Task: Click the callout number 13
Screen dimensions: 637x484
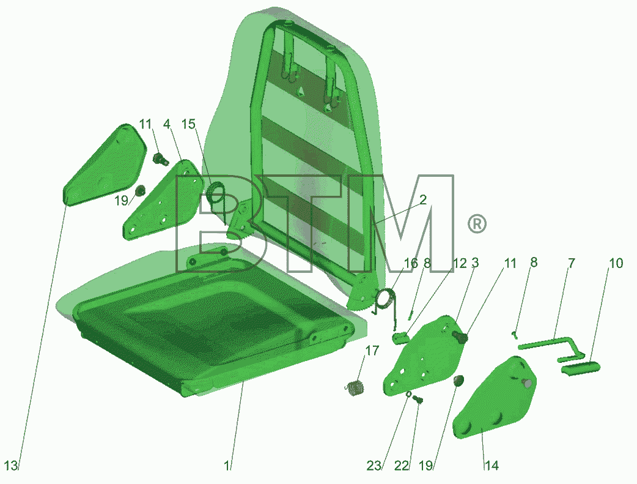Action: [x=12, y=465]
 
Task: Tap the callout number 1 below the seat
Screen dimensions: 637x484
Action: [x=227, y=465]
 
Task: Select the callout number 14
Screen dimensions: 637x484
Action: [x=491, y=465]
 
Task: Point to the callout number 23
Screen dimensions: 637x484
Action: [x=374, y=465]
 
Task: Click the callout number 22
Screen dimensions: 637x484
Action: [x=402, y=465]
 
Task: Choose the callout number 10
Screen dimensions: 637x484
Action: [x=616, y=263]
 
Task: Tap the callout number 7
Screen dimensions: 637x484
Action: [x=572, y=263]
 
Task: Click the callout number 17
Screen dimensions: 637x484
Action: [x=372, y=351]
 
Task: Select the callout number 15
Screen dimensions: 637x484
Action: [x=188, y=124]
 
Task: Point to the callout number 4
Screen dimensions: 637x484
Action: [x=167, y=124]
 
